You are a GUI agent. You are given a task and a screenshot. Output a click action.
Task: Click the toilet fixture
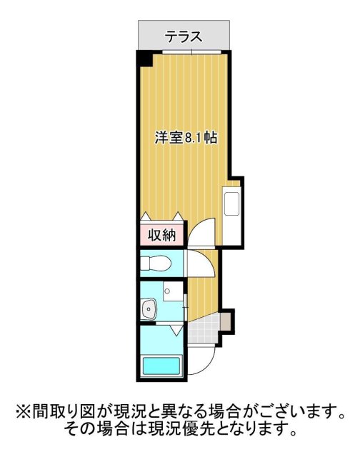tap(156, 263)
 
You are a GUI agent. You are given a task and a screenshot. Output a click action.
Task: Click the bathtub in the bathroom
tap(162, 366)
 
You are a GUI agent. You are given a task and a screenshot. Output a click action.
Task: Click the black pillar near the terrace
tap(144, 59)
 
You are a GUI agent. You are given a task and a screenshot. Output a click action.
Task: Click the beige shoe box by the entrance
tap(227, 321)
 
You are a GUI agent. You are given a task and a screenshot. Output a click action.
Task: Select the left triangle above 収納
tap(146, 217)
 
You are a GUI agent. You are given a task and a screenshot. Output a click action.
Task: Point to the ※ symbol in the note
tap(20, 412)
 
